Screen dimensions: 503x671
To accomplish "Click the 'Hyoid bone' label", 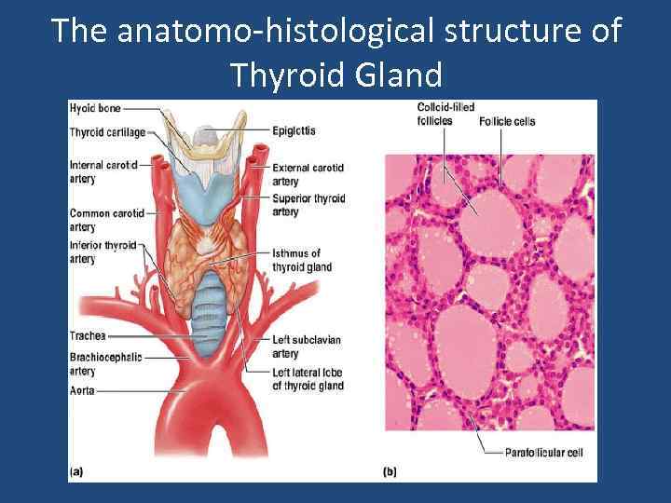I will [x=94, y=109].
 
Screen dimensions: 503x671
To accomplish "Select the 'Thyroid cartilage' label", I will [x=107, y=132].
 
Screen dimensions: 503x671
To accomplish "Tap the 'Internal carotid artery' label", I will [x=103, y=171].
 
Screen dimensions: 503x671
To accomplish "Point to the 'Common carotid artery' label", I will [x=106, y=220].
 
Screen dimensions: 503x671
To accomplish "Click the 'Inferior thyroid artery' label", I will [x=103, y=251].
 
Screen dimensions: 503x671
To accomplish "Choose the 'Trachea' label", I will [x=88, y=335].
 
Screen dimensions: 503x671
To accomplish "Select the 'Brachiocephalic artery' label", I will [x=105, y=364].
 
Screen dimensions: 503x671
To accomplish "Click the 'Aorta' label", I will [x=82, y=392].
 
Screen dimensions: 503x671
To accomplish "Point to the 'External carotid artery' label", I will [x=308, y=174].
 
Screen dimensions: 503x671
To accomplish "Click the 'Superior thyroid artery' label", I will [x=308, y=205].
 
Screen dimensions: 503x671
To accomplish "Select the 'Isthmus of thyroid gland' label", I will [x=301, y=260].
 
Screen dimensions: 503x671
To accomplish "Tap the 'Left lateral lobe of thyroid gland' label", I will [x=308, y=380].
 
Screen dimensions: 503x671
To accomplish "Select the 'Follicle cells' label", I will [x=507, y=122].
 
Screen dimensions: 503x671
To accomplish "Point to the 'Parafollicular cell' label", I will [x=543, y=454].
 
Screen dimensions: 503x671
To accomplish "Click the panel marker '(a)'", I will [x=75, y=472].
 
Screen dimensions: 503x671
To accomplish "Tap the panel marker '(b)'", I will [x=390, y=472].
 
